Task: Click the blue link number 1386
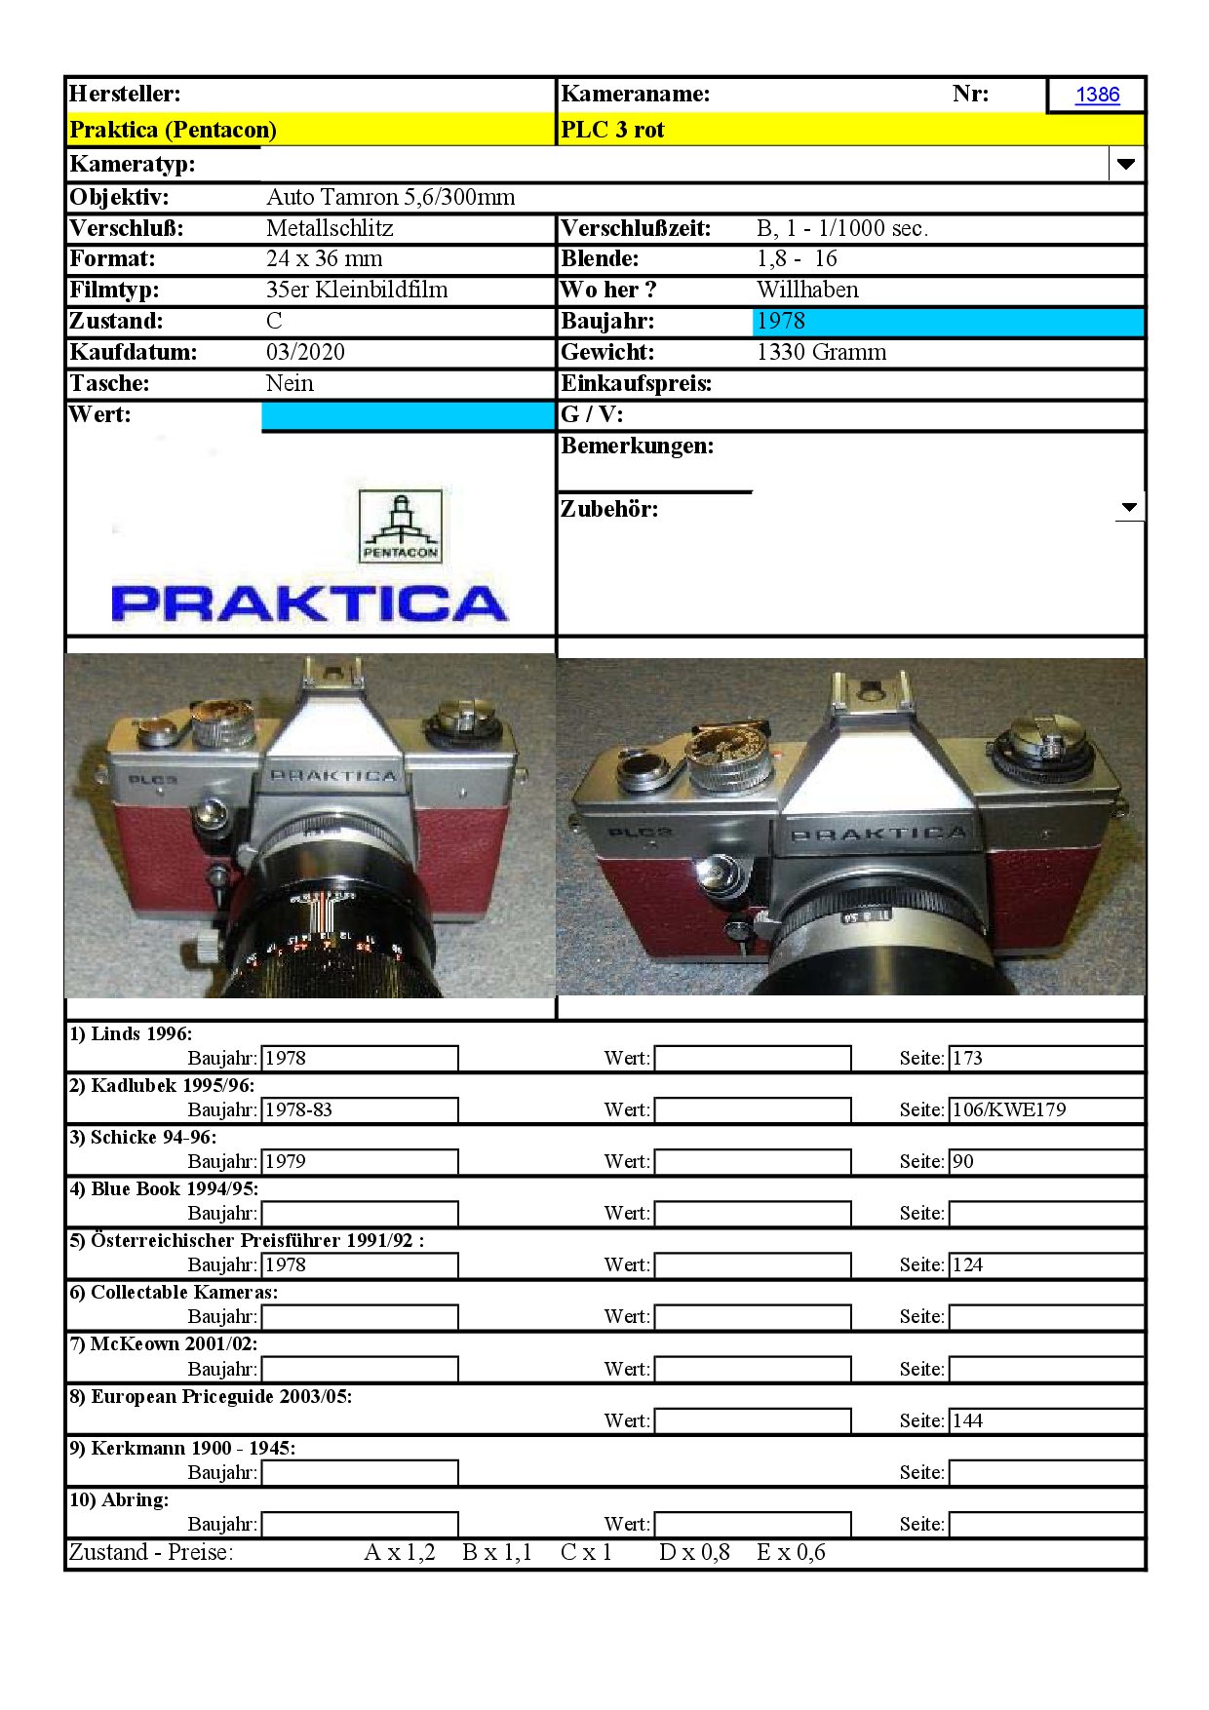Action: point(1097,95)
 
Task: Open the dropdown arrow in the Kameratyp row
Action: point(1126,164)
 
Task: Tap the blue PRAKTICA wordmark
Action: point(310,603)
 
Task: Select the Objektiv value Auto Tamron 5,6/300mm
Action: point(390,197)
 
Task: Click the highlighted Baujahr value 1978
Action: point(781,321)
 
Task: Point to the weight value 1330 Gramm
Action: point(821,352)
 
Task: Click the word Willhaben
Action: point(807,290)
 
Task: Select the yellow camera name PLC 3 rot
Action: point(612,130)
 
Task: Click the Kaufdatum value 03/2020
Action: point(305,352)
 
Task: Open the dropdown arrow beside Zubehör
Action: point(1129,507)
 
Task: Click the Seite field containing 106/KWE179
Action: point(1045,1109)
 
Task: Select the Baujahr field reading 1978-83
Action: point(359,1109)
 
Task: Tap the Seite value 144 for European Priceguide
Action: point(1045,1420)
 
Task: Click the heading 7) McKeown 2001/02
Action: point(163,1343)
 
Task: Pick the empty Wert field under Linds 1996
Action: point(752,1058)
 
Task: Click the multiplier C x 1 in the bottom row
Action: point(586,1552)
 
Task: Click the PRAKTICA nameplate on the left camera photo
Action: point(333,776)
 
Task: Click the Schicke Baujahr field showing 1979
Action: point(359,1161)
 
